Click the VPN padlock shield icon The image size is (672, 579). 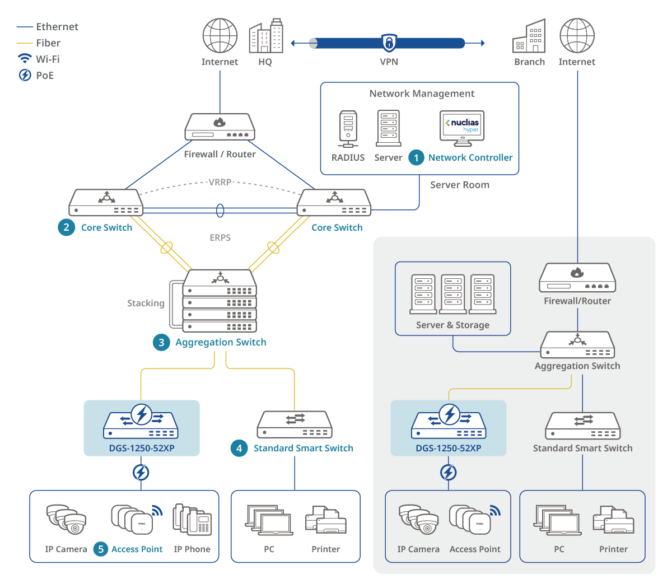click(x=389, y=43)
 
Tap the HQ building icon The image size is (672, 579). click(x=266, y=36)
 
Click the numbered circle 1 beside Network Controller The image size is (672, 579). click(x=416, y=158)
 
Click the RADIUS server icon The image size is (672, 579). click(x=348, y=129)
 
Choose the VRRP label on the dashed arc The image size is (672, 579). click(x=220, y=182)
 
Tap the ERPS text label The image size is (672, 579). click(x=220, y=237)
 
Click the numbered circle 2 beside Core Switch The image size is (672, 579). click(x=67, y=227)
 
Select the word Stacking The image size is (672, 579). click(x=146, y=303)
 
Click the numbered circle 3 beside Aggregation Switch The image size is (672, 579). click(x=161, y=342)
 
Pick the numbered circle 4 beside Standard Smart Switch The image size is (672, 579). click(x=239, y=448)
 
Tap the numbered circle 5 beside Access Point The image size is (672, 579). click(x=101, y=549)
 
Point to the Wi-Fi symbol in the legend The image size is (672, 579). click(x=25, y=59)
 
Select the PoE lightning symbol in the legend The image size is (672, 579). click(x=25, y=75)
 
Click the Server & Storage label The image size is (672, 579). click(x=452, y=325)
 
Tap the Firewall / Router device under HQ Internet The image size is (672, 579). click(x=220, y=127)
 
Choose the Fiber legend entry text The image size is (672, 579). click(x=48, y=43)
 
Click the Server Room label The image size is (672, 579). click(x=460, y=185)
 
